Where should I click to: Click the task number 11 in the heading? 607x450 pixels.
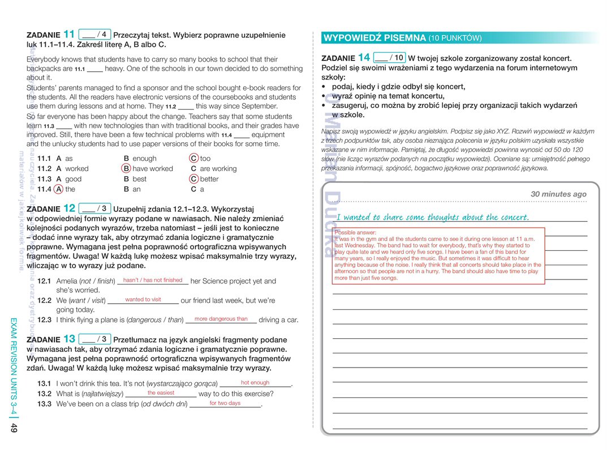pyautogui.click(x=69, y=34)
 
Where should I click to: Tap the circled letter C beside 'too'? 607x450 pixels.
pyautogui.click(x=193, y=159)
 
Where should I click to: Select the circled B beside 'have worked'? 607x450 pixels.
pyautogui.click(x=126, y=168)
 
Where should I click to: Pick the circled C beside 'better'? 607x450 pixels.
pyautogui.click(x=193, y=179)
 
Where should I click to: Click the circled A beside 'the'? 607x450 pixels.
pyautogui.click(x=58, y=189)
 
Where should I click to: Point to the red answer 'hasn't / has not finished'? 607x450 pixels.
pyautogui.click(x=153, y=280)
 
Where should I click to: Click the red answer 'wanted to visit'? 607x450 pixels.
pyautogui.click(x=143, y=299)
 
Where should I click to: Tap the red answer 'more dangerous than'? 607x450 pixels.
pyautogui.click(x=221, y=319)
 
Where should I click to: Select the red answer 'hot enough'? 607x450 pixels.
pyautogui.click(x=255, y=383)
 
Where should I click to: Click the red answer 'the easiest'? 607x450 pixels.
pyautogui.click(x=161, y=393)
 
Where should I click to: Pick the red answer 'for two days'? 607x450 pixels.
pyautogui.click(x=225, y=403)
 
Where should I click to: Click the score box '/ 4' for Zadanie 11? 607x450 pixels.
pyautogui.click(x=95, y=34)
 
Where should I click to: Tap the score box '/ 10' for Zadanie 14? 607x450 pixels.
pyautogui.click(x=390, y=58)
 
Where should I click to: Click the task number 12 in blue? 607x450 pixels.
pyautogui.click(x=69, y=208)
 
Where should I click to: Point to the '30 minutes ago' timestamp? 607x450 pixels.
pyautogui.click(x=558, y=194)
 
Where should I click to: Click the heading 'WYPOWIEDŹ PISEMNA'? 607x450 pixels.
pyautogui.click(x=374, y=38)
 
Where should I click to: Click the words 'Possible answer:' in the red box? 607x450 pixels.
pyautogui.click(x=355, y=233)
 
